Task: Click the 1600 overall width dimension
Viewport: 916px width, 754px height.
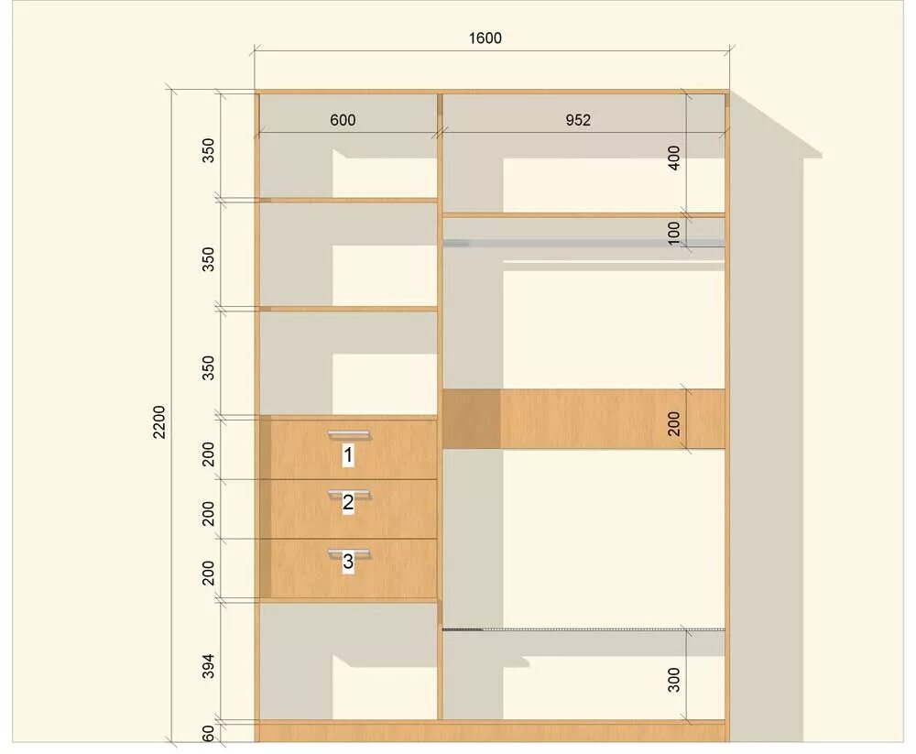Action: point(485,38)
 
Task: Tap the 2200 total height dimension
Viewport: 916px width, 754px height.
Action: point(158,421)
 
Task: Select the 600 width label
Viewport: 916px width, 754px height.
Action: point(343,120)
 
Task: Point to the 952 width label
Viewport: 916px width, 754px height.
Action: point(578,120)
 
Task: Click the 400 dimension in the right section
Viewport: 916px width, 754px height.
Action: point(673,158)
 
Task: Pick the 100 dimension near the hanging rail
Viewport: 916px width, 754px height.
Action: point(673,232)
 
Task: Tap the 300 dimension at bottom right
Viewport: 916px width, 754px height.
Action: point(673,680)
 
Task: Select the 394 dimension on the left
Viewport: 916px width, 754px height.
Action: point(208,666)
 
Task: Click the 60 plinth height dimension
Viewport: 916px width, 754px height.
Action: point(208,733)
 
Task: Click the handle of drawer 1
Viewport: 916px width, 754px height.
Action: point(349,434)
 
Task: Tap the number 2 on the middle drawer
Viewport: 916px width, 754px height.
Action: point(348,502)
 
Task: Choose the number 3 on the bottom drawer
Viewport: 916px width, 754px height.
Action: point(348,561)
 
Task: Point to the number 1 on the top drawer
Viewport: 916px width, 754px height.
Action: point(348,454)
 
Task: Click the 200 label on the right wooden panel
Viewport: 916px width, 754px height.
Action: point(673,424)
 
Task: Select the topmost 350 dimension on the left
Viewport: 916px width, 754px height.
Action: point(208,150)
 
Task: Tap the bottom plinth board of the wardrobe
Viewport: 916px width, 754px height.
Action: point(492,732)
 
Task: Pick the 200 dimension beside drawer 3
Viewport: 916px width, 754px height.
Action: point(208,573)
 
